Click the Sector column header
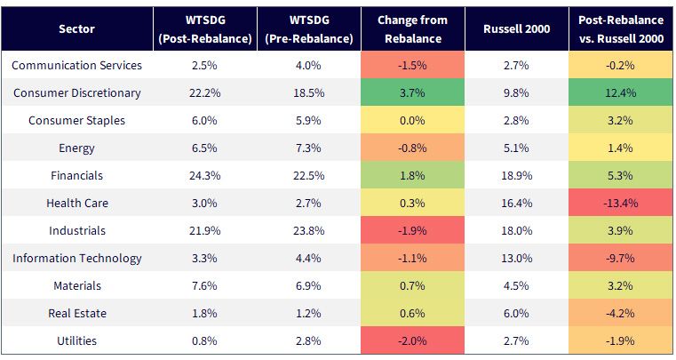pos(76,29)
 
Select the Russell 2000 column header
pos(516,29)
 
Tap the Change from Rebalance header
pos(412,29)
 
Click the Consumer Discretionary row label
pos(76,92)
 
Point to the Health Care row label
pos(77,203)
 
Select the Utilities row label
pos(76,340)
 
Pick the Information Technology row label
pos(76,258)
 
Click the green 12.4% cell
pos(621,92)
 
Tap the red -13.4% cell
pos(621,203)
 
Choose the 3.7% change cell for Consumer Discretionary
pos(412,92)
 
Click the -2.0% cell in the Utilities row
pos(412,340)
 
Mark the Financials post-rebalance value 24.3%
pos(205,176)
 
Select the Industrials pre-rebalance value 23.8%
pos(308,230)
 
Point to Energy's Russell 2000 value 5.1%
pos(516,148)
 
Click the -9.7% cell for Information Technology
pos(621,258)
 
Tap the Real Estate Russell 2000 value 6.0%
pos(516,314)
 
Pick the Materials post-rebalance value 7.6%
pos(205,285)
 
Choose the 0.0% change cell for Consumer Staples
pos(412,120)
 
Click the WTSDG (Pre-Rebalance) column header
pos(308,29)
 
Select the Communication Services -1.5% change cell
pos(412,65)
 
